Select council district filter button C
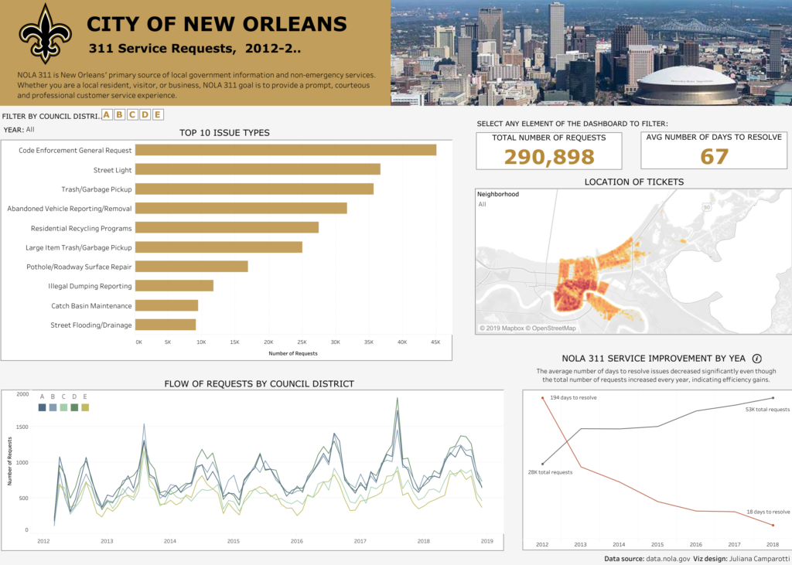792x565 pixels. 132,115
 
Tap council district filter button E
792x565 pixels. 158,115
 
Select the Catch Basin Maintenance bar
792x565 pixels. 168,305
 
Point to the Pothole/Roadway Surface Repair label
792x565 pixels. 79,267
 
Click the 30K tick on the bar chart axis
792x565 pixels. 335,342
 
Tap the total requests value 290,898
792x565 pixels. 549,157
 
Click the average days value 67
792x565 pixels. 715,157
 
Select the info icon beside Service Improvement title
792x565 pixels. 757,359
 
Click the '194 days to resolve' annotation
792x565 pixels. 573,398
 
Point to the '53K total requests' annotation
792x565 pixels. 767,410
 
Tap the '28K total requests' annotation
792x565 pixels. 550,471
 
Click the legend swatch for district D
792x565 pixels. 74,407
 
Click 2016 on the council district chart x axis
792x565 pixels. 297,541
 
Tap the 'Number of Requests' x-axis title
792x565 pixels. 293,353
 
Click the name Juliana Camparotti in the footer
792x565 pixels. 756,558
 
